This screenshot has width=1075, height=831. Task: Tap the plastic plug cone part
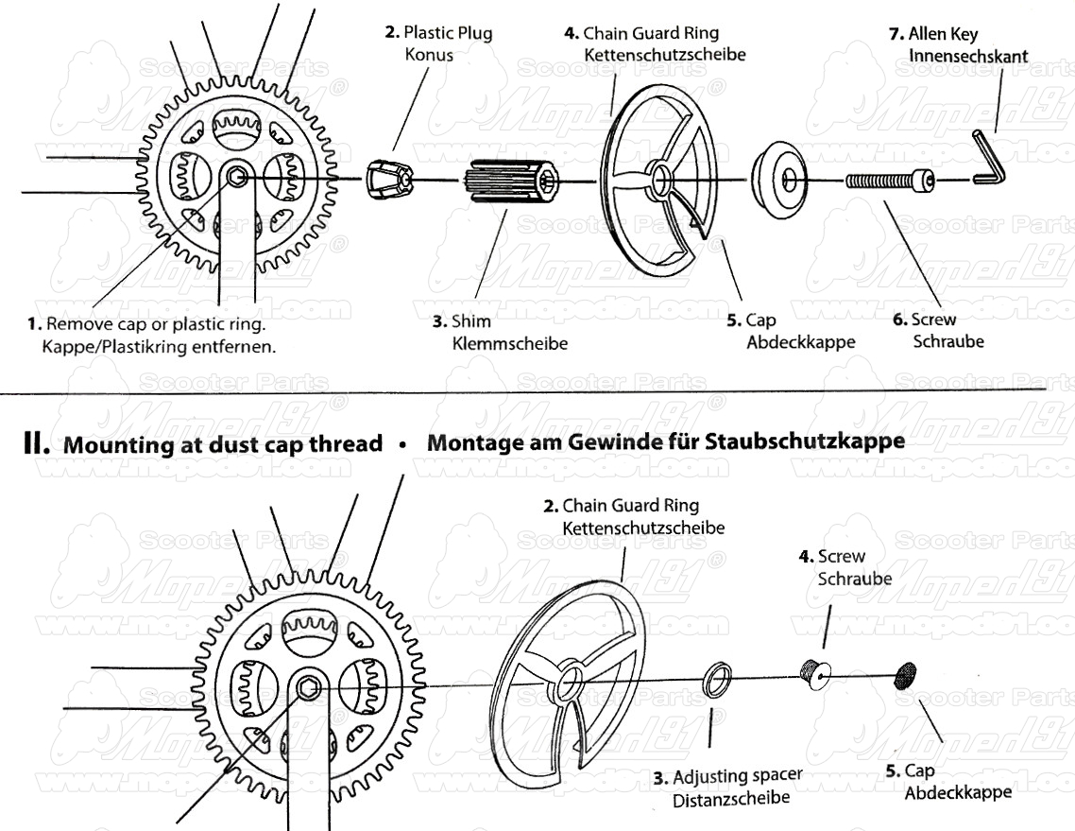pos(389,177)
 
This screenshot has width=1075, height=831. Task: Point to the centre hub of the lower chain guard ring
pos(569,683)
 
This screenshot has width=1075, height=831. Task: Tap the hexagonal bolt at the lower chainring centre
pos(307,687)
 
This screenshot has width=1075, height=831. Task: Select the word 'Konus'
pos(429,54)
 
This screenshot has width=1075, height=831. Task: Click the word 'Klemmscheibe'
pos(510,343)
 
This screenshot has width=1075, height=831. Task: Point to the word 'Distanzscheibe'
pos(730,800)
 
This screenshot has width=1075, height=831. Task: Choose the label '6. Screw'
pos(924,320)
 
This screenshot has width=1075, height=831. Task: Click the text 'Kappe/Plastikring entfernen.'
pos(159,346)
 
